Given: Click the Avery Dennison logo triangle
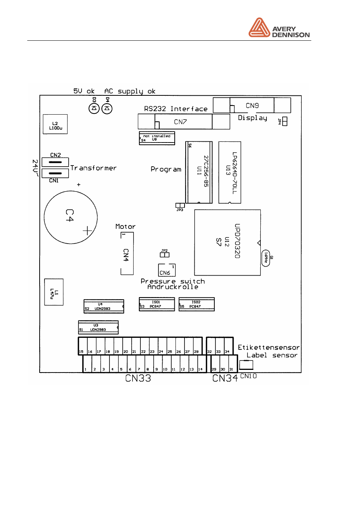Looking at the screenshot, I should [259, 28].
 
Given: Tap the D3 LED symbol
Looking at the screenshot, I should [94, 109].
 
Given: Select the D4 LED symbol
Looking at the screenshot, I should [107, 109].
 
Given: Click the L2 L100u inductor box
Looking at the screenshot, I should [55, 124].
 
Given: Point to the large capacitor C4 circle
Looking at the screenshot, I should [71, 217].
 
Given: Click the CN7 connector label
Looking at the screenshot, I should [180, 122].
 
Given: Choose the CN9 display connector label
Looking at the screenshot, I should [252, 106].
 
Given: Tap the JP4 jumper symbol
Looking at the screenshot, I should [285, 121].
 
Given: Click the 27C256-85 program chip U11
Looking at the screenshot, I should [199, 172].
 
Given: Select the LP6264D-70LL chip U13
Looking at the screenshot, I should [230, 173].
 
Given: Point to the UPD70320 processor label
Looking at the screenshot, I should [237, 241].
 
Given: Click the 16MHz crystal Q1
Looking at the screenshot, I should [266, 258].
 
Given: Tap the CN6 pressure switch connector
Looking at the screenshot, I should [166, 270].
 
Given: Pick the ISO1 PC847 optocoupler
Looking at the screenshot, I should [157, 304].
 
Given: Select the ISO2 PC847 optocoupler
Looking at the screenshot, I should [196, 304].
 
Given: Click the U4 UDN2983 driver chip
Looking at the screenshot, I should [103, 306].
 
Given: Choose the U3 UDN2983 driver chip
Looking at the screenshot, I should [98, 327].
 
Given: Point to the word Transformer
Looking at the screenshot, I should [94, 168].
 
